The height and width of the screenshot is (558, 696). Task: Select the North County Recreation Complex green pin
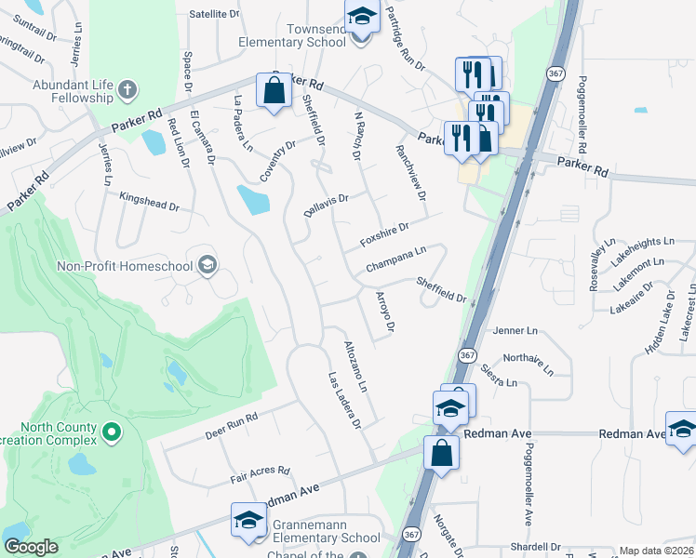point(111,432)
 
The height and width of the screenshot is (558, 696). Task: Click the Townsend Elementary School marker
point(361,16)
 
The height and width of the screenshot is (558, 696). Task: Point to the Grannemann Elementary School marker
point(248,521)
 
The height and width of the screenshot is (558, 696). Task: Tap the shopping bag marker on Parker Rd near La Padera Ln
point(274,91)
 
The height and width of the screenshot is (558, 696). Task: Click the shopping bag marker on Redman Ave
point(442,454)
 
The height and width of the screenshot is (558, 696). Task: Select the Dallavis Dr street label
point(326,205)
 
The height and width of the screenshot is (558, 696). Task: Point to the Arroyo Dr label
point(385,312)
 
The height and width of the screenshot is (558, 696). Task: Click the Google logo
point(31,547)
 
